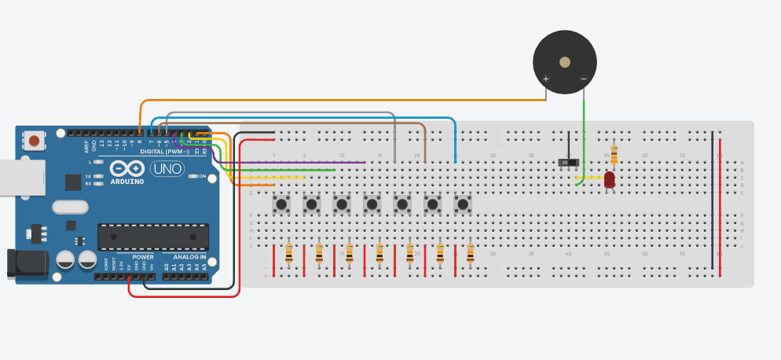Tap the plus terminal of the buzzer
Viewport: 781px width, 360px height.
[546, 79]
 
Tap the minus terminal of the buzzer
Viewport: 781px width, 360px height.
[584, 79]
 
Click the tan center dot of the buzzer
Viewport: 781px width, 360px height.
[564, 62]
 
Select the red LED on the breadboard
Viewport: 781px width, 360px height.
[610, 180]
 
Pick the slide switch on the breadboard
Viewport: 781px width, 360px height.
[568, 162]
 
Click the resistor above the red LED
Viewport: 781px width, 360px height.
[614, 155]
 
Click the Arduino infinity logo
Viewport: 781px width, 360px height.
[127, 168]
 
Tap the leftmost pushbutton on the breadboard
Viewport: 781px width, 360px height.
[281, 204]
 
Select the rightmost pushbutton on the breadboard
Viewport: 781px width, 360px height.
[463, 204]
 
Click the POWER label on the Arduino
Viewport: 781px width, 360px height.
[143, 257]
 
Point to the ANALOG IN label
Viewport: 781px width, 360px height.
[185, 257]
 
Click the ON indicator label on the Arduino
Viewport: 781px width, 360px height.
[202, 176]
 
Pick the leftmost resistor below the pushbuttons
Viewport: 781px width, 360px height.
[289, 252]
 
